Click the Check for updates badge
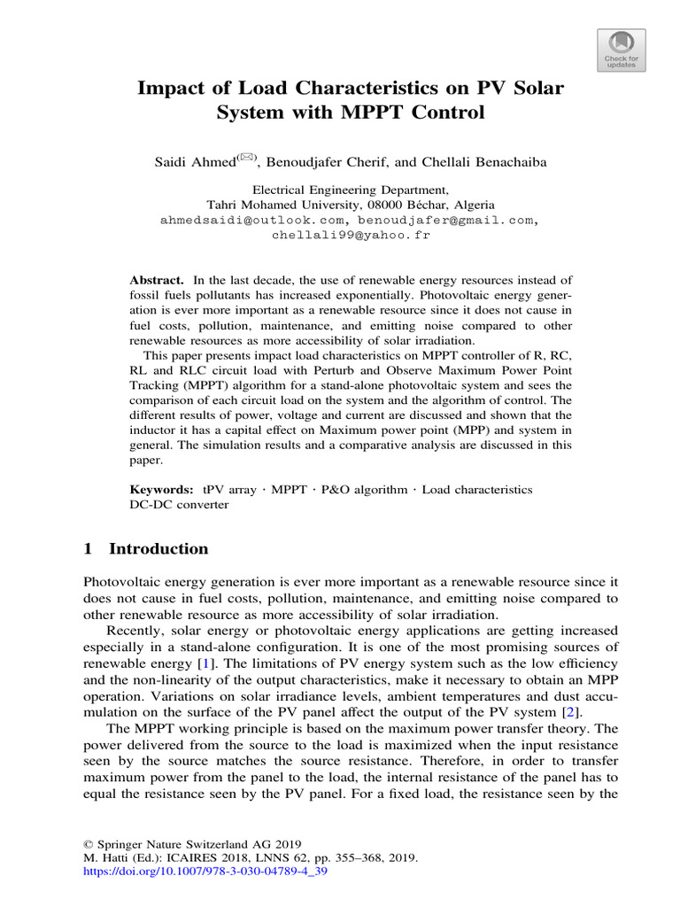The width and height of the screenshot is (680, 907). tap(621, 50)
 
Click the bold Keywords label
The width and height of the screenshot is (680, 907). tap(162, 489)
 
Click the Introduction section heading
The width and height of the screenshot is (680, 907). tap(158, 548)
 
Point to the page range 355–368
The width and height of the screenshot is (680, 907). tap(348, 857)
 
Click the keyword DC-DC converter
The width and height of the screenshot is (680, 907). tap(179, 504)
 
